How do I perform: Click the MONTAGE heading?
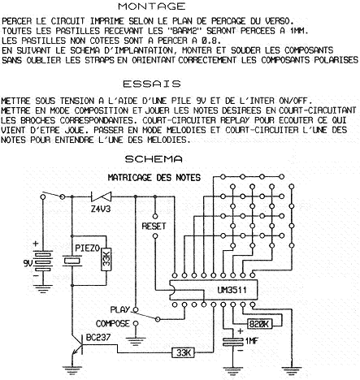click(152, 6)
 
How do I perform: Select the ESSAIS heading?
click(152, 84)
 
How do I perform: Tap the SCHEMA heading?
click(154, 159)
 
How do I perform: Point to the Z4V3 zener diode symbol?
click(101, 196)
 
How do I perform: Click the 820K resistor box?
click(260, 324)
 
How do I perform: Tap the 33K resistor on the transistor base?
click(184, 352)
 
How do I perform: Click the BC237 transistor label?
click(98, 338)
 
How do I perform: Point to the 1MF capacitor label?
click(252, 341)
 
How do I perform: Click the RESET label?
click(154, 226)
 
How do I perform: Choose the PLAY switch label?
click(120, 309)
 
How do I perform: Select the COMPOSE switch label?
click(113, 324)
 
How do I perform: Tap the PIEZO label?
click(88, 248)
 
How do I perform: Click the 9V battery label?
click(28, 263)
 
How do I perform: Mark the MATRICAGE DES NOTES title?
click(154, 178)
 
